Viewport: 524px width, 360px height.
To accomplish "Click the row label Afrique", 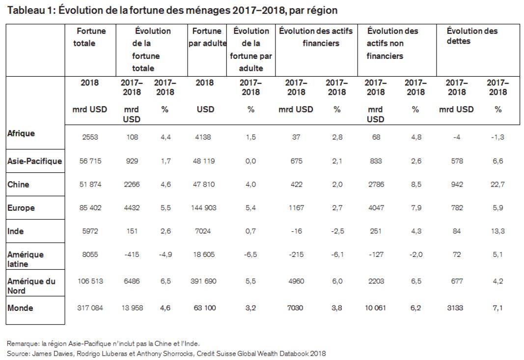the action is click(21, 134).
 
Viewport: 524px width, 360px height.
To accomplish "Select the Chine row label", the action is click(18, 185).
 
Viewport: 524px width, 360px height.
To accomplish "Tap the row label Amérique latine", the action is click(26, 259).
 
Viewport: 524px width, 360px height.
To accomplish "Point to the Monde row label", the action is click(20, 308).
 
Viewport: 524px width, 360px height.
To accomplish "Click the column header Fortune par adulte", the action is click(207, 37).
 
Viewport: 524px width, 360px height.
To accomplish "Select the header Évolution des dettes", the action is click(472, 36).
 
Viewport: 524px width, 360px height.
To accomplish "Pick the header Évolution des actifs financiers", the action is click(316, 37).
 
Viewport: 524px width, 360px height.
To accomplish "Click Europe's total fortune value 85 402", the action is click(90, 208).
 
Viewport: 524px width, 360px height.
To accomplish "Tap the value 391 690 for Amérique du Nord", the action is click(203, 281).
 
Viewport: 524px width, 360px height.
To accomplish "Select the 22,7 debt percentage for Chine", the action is click(497, 184).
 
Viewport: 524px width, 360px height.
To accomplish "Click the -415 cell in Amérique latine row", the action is click(132, 254).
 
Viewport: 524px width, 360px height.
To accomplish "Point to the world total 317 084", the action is click(90, 308).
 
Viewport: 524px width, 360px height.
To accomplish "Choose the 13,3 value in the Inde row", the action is click(497, 231).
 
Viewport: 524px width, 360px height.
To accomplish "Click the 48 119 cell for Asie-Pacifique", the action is click(203, 161).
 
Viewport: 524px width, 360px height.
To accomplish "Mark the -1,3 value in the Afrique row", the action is click(497, 137).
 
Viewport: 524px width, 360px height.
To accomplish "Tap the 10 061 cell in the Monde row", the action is click(375, 308).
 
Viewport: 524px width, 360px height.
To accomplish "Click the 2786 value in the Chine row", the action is click(376, 184).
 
